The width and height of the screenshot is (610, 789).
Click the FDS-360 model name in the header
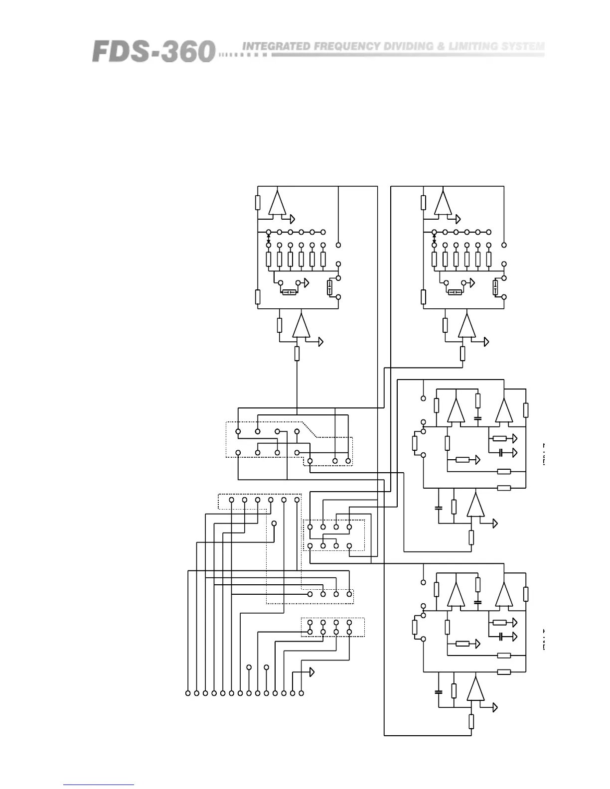click(153, 51)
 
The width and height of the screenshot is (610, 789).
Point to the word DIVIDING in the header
click(408, 46)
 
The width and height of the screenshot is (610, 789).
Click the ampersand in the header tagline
click(441, 46)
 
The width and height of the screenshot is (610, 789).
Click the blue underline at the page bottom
click(98, 785)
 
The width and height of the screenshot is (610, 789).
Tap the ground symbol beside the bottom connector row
click(311, 672)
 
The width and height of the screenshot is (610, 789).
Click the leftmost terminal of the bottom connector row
click(188, 693)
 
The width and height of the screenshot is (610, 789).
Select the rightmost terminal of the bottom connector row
click(301, 693)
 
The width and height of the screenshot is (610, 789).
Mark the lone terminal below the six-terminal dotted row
click(274, 523)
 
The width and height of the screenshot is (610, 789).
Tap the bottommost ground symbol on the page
click(494, 707)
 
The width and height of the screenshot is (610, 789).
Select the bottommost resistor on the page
click(471, 721)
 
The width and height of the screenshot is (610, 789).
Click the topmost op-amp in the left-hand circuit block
click(277, 203)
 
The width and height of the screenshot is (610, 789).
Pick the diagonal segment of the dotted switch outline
click(310, 429)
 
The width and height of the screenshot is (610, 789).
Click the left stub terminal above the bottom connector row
click(249, 667)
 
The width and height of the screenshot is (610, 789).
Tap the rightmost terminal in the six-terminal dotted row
click(297, 500)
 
